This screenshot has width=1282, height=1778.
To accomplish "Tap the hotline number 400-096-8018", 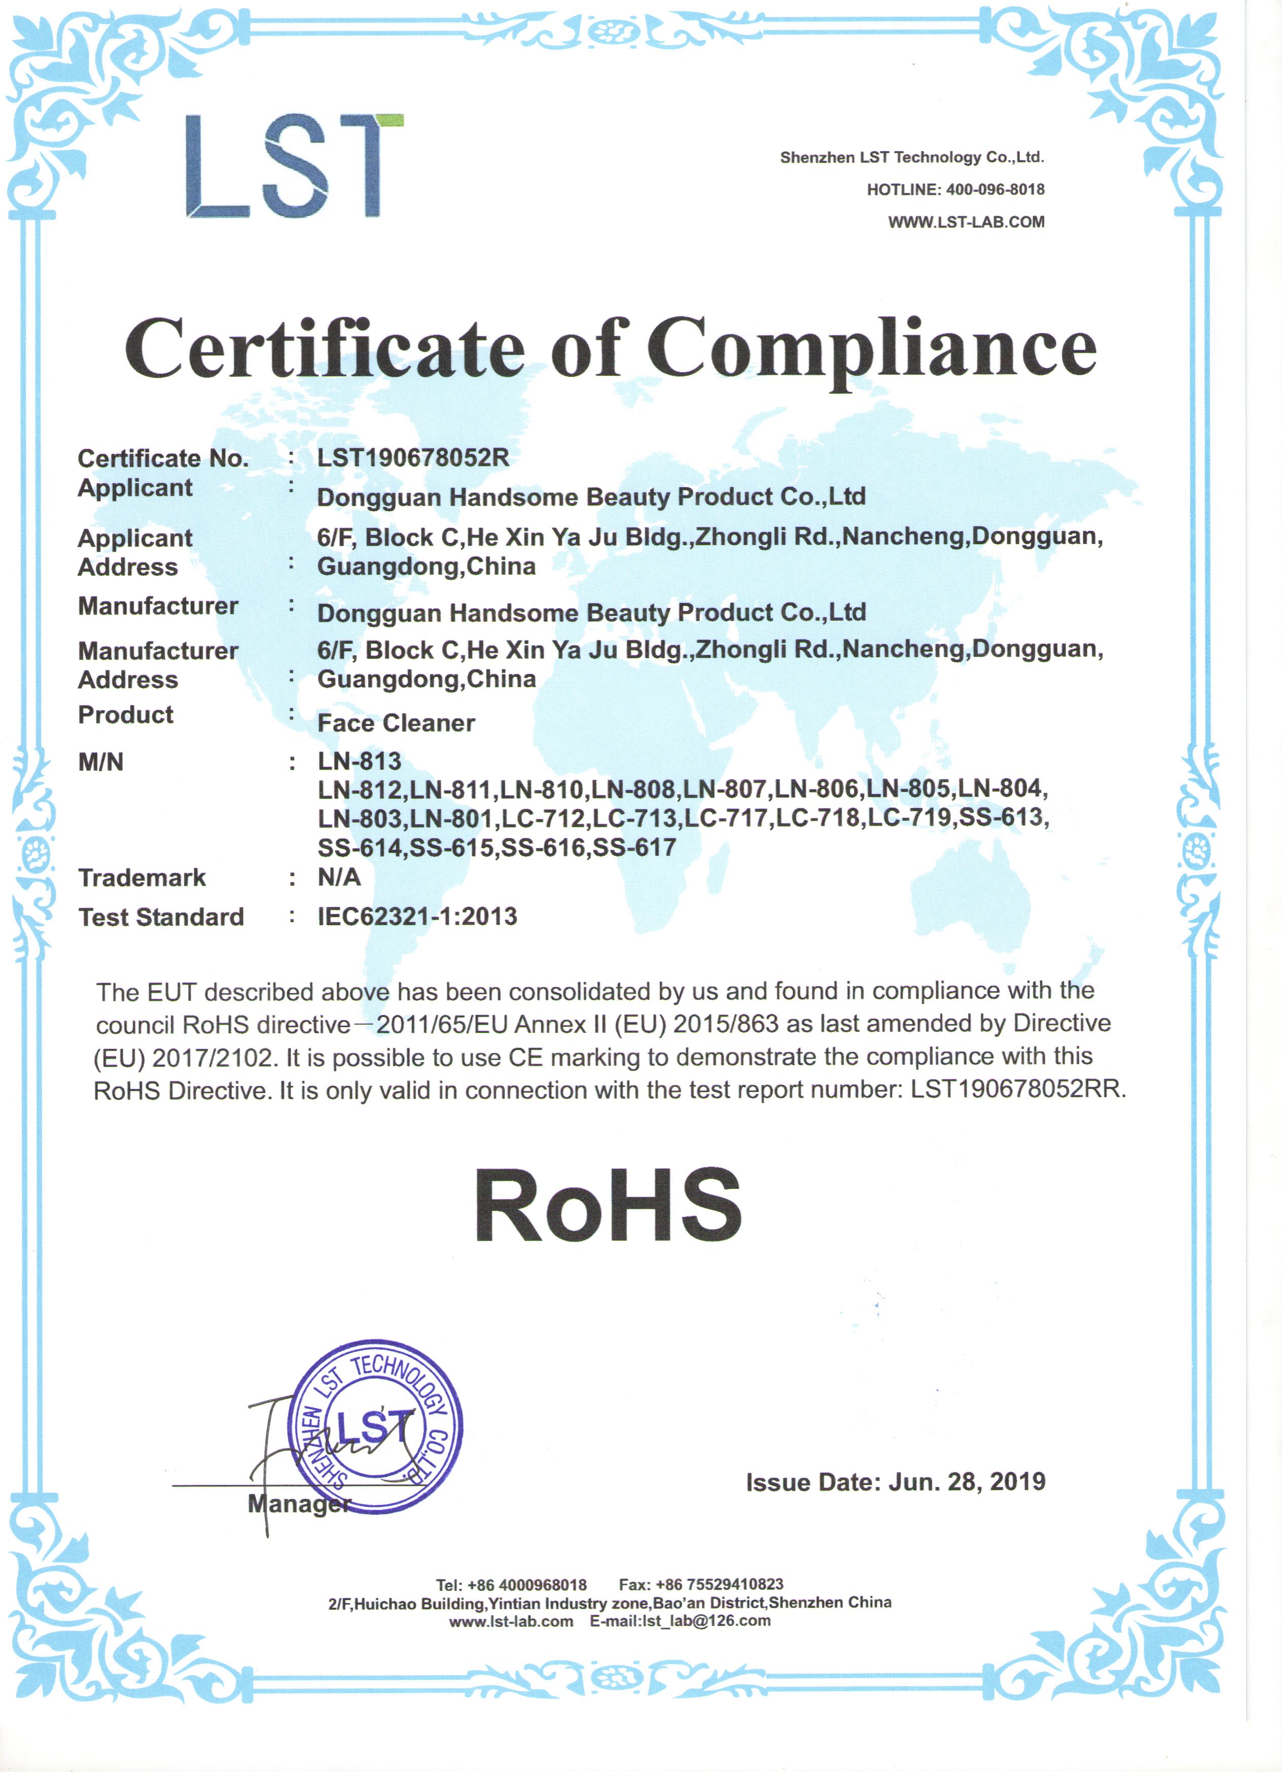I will click(995, 190).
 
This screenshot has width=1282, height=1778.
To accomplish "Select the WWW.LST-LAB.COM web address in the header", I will click(966, 223).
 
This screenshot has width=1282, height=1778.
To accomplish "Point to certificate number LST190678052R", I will click(413, 458).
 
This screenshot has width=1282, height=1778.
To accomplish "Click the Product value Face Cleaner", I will click(396, 723).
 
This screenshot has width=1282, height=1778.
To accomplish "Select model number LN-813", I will click(359, 761).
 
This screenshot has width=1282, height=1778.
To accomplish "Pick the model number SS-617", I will click(634, 848).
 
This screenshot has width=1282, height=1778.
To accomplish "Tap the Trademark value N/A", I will click(339, 877).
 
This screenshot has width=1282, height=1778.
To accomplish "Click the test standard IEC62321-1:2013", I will click(417, 917).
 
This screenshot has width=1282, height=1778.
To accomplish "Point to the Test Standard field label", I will click(161, 917).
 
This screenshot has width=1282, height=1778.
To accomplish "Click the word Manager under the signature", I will click(299, 1504).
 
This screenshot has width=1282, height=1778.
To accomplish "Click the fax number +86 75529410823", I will click(719, 1584).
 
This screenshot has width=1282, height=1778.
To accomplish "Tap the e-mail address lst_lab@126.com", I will click(706, 1620).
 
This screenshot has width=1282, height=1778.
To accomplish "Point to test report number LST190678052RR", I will click(1017, 1090).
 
